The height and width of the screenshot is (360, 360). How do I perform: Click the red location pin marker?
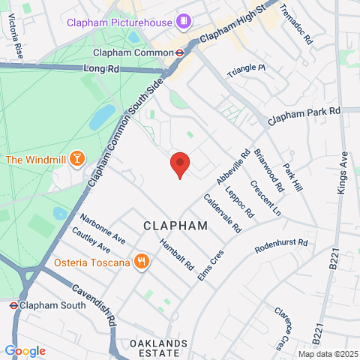[179, 163]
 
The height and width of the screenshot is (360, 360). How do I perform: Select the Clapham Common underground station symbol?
[180, 52]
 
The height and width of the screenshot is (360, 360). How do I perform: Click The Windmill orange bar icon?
[76, 159]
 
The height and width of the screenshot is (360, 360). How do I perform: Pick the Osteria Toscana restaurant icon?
[141, 262]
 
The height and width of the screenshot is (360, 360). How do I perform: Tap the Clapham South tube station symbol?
[13, 305]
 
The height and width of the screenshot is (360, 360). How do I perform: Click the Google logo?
[25, 350]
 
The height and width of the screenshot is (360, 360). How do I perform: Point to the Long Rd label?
[102, 69]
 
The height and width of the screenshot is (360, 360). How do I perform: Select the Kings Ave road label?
[343, 173]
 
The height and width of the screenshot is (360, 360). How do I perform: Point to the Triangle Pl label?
[247, 68]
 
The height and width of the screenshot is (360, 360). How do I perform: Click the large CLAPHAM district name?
[175, 225]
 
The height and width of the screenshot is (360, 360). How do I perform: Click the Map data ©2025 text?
[327, 354]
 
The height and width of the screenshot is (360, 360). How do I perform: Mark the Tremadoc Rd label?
[295, 22]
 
